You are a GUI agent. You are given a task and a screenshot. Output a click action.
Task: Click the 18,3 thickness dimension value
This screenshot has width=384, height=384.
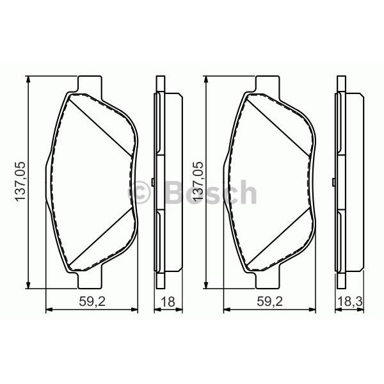(349, 301)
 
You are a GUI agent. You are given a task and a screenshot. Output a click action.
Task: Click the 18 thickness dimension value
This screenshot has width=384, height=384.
(168, 301)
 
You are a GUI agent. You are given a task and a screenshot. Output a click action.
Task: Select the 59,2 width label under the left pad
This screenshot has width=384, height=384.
(92, 301)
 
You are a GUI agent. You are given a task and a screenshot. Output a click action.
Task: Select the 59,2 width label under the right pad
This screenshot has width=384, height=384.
(269, 301)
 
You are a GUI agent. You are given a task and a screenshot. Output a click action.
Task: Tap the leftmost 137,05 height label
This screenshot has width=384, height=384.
(20, 182)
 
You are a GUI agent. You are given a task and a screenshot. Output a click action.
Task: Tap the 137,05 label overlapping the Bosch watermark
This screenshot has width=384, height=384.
(198, 182)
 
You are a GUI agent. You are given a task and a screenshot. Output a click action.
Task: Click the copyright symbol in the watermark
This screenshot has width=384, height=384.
(139, 193)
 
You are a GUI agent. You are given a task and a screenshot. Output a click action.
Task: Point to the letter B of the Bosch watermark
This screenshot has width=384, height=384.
(174, 193)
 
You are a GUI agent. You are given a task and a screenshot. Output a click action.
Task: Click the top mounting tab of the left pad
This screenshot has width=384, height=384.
(90, 84)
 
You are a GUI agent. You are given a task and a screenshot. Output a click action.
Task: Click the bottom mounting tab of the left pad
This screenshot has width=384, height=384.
(90, 280)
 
